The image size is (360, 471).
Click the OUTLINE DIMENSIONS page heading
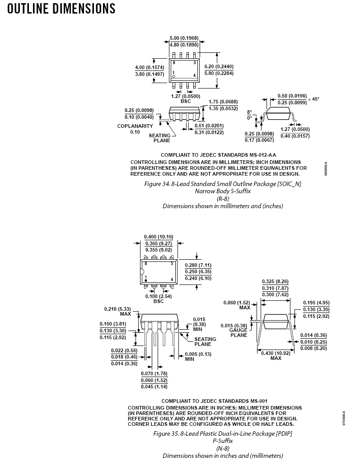tap(61, 9)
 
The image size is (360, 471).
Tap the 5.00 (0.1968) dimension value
tap(184, 38)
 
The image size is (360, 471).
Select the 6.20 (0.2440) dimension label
tap(219, 66)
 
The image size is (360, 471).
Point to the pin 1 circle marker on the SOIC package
tap(173, 76)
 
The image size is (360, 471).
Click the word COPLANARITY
tap(135, 126)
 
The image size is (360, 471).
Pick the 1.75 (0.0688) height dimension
tap(223, 102)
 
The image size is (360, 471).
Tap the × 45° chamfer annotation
tap(313, 99)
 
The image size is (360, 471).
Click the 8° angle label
tap(250, 112)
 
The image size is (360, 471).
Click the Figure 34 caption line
tap(223, 184)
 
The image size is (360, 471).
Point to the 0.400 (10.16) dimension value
tap(159, 237)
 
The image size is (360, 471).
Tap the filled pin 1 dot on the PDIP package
tap(146, 280)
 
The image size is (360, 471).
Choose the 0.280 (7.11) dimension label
tap(198, 265)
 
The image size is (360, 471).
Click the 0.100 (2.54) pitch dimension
tap(159, 296)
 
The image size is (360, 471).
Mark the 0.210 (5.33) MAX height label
tap(117, 311)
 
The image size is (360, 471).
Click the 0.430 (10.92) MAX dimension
tap(276, 356)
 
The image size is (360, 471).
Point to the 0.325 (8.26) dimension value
tap(275, 281)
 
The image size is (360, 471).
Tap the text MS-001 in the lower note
tap(259, 401)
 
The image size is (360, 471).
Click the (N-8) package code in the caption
tap(223, 448)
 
